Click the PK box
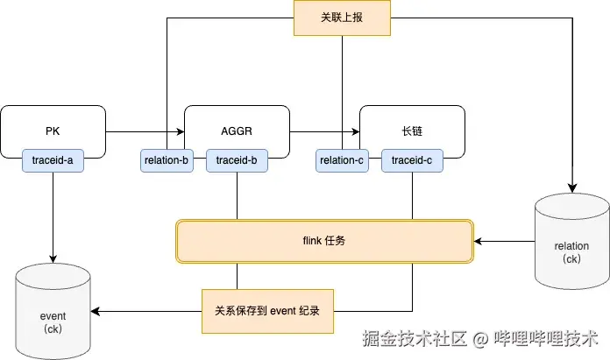(53, 130)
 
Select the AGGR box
(237, 130)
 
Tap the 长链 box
(412, 130)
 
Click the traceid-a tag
(53, 160)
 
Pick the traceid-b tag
(236, 160)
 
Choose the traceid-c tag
(412, 160)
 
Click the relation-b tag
(167, 160)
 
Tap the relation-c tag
(342, 160)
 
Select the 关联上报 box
(342, 18)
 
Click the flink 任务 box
(324, 240)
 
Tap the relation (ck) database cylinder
(571, 240)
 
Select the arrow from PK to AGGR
(145, 132)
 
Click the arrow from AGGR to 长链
(324, 132)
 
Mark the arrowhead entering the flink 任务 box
(479, 240)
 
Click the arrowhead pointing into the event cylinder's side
(96, 311)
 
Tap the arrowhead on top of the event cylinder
(53, 258)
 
